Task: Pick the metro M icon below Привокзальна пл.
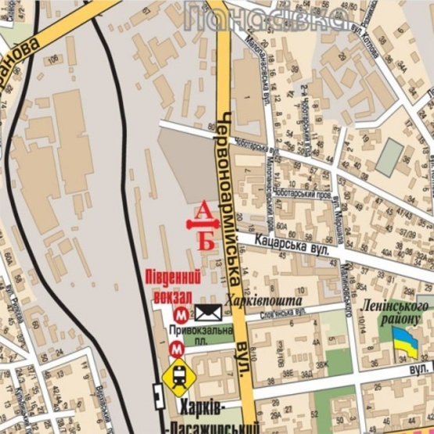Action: coord(178,350)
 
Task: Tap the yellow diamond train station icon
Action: coord(179,376)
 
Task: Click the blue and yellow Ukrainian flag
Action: coord(404,341)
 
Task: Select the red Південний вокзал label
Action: coord(171,286)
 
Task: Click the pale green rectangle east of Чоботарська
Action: coord(389,157)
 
